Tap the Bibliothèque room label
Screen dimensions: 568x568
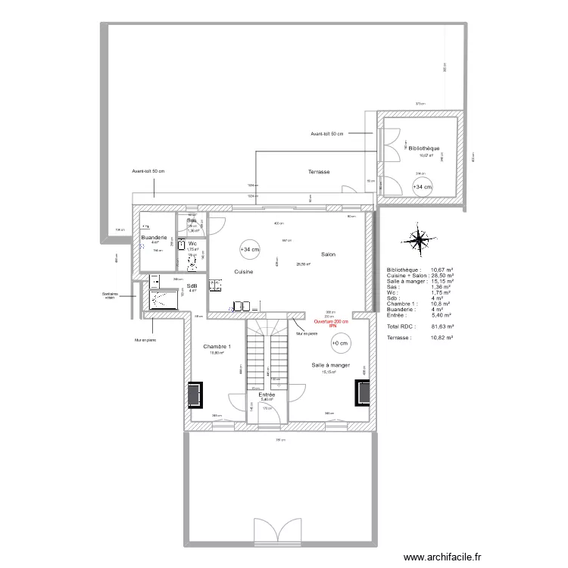coord(423,148)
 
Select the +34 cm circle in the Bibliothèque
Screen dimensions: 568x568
coord(422,186)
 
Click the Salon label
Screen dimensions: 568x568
coord(328,254)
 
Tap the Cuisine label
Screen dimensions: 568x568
coord(243,271)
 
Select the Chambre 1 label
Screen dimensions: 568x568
coord(217,346)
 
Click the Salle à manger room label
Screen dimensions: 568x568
coord(330,365)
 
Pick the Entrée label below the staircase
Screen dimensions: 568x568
coord(266,395)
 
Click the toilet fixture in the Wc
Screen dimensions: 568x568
coord(192,261)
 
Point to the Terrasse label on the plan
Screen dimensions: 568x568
coord(319,172)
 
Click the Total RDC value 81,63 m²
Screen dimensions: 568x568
coord(442,326)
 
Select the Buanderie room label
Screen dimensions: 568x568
coord(154,238)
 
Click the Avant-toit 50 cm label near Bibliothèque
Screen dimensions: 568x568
coord(326,134)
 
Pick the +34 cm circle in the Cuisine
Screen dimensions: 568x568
coord(249,249)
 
